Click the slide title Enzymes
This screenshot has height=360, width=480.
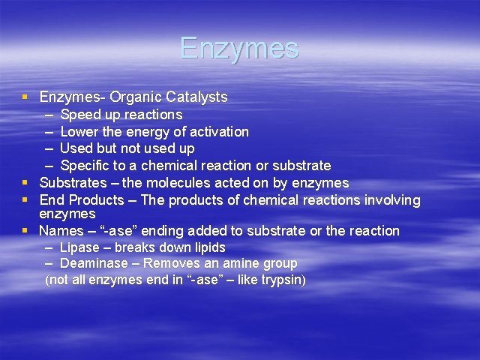(x=239, y=48)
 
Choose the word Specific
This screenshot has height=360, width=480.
(x=84, y=166)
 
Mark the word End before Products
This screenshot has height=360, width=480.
(x=51, y=200)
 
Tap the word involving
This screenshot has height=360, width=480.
(x=390, y=200)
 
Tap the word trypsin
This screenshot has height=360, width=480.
(x=280, y=280)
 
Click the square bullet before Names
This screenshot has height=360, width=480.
(x=26, y=231)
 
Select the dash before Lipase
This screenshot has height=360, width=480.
(x=49, y=247)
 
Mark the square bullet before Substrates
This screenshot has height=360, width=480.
(x=26, y=183)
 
